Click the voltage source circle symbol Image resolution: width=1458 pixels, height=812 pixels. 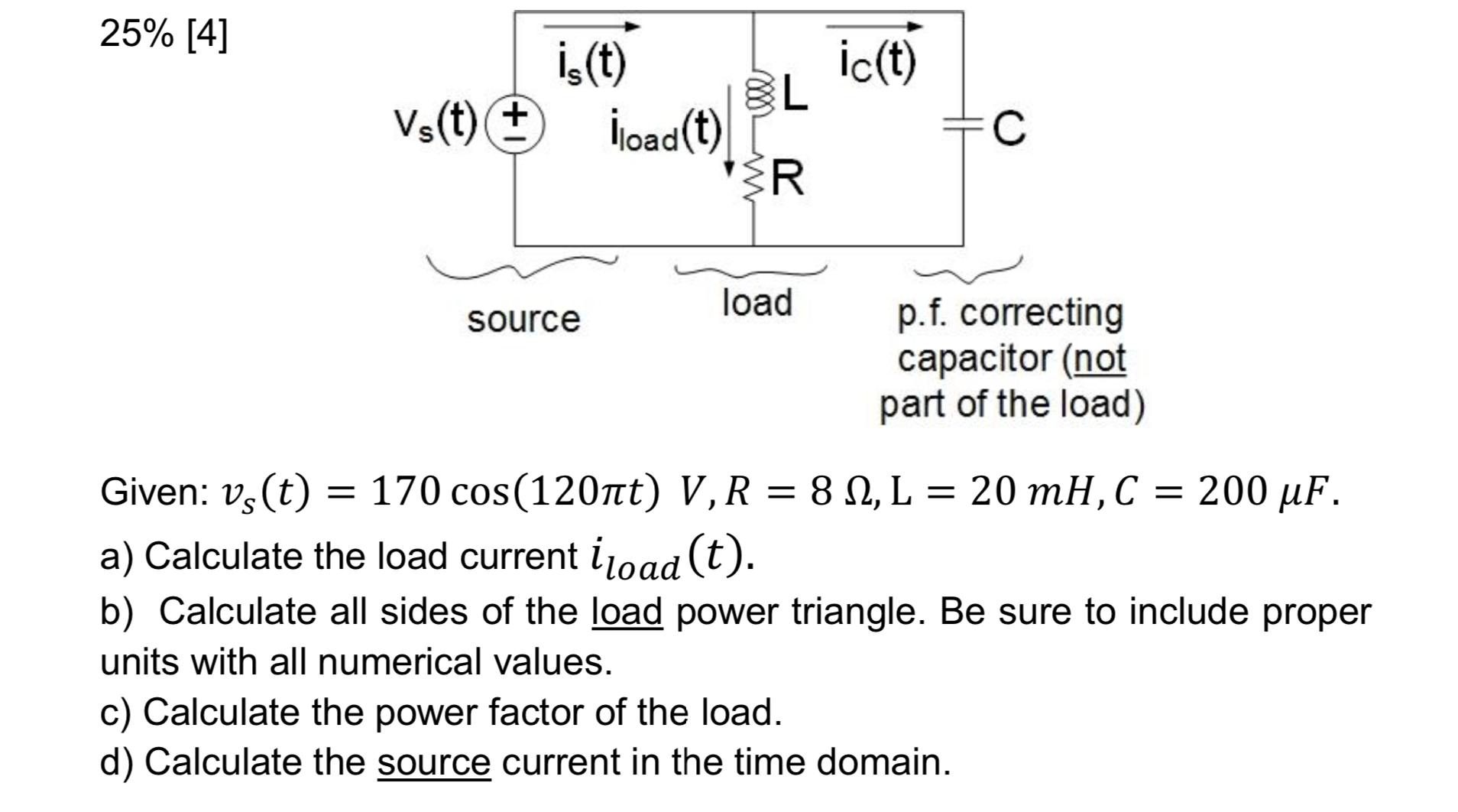[517, 126]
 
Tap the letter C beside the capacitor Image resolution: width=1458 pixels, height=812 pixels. [1009, 130]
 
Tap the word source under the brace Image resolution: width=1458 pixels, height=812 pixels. [523, 319]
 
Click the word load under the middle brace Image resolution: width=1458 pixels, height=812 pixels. [757, 303]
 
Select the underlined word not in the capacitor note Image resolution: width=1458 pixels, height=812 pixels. [1100, 359]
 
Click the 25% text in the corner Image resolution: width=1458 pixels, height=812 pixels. [138, 36]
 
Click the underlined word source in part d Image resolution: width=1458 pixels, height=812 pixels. [433, 762]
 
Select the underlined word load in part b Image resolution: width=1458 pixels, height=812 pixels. [627, 612]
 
